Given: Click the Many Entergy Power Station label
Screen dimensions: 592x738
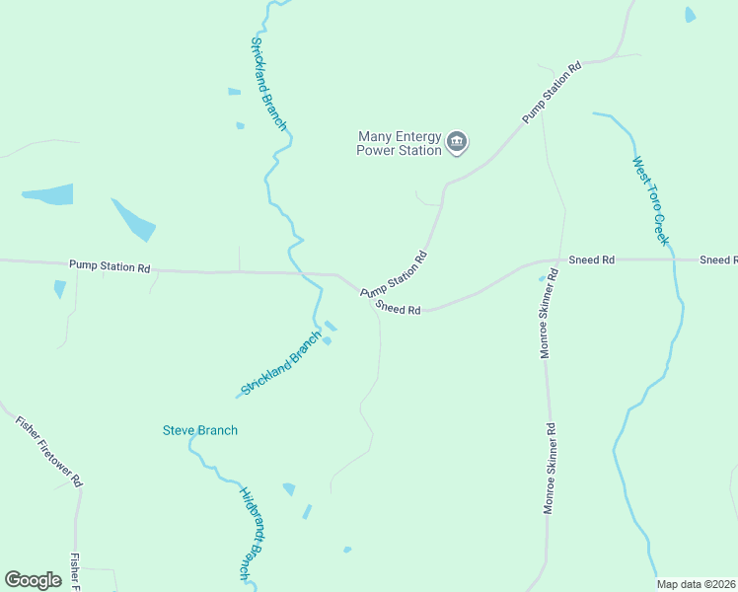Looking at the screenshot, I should (399, 144).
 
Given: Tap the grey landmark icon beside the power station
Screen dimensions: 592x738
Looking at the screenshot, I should (457, 143).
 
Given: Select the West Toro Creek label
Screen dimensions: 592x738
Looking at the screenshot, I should (651, 201).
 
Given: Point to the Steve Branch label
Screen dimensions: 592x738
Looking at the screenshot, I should (200, 430).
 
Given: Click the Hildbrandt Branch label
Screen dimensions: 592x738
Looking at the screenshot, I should (251, 533).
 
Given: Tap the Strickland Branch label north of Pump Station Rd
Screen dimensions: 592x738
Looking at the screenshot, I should (268, 84).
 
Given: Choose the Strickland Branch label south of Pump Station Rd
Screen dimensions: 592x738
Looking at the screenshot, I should (281, 363).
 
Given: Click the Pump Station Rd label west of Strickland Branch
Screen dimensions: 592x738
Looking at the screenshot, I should (110, 266).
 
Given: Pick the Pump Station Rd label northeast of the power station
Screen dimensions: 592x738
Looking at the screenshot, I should (549, 92).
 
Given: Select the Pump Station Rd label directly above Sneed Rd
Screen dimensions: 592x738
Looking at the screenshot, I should (394, 273).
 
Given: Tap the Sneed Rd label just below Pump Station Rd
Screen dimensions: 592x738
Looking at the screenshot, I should (399, 310).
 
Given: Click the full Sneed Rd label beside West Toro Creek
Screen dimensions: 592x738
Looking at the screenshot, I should (592, 259).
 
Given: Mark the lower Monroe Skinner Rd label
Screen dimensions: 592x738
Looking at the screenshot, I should (550, 469).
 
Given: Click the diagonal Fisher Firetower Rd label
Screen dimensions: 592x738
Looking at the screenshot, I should (49, 451).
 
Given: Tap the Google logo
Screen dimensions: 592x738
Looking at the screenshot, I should (33, 580).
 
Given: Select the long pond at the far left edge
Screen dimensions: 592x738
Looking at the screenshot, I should (49, 194).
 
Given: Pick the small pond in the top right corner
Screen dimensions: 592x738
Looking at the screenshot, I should (690, 14).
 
